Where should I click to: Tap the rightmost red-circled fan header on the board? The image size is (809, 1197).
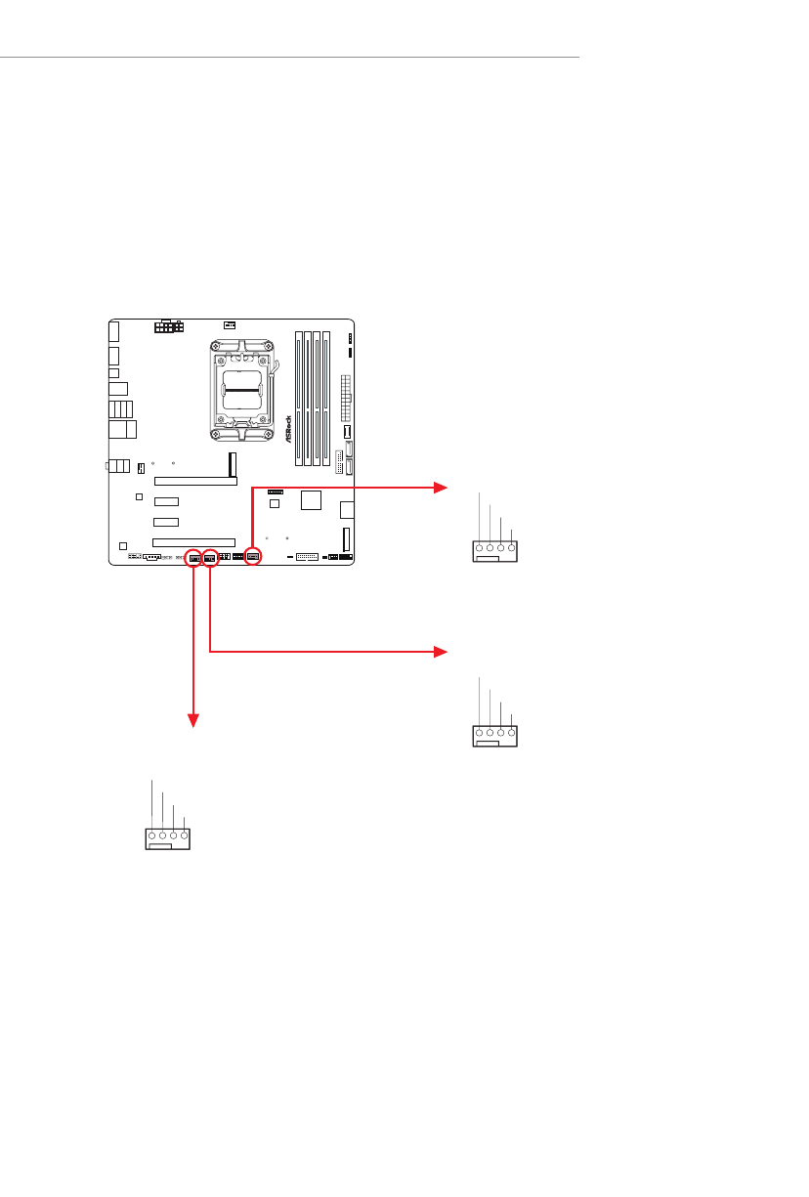(253, 557)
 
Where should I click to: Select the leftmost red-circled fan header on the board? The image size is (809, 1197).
(193, 558)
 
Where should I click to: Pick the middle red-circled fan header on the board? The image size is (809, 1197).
(210, 558)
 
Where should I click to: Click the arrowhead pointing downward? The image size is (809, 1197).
(193, 722)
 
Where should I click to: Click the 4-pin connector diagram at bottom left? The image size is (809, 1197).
(167, 838)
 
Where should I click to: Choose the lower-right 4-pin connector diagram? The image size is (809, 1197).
(495, 736)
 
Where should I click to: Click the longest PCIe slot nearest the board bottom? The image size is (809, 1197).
(193, 541)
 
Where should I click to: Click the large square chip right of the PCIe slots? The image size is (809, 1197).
(312, 500)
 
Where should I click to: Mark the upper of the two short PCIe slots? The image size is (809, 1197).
(166, 500)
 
